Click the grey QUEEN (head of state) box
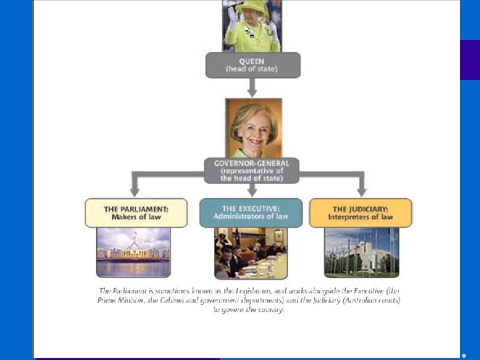253,65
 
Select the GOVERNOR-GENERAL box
252,170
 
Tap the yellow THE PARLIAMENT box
136,213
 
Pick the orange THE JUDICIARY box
361,213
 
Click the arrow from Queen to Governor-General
252,87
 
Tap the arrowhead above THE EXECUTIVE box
252,191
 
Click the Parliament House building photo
133,252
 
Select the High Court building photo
361,252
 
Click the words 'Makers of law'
136,217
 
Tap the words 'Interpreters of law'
361,217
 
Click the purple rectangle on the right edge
470,60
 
